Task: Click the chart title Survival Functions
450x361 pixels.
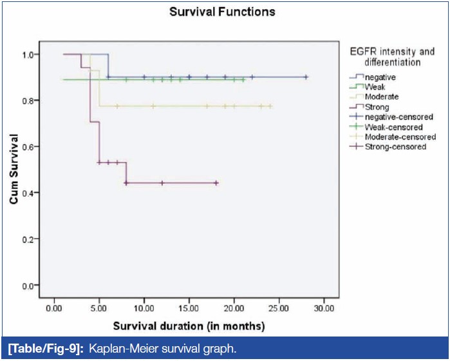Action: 221,12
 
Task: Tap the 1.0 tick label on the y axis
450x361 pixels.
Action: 29,55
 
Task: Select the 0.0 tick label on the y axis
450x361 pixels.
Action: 29,286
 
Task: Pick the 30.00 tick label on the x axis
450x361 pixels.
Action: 324,308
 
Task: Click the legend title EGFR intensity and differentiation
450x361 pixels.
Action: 382,57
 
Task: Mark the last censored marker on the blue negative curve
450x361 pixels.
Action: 306,77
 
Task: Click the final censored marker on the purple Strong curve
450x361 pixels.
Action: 216,183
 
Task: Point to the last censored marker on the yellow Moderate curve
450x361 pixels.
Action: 270,106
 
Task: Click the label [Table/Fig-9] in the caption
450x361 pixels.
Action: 36,349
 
